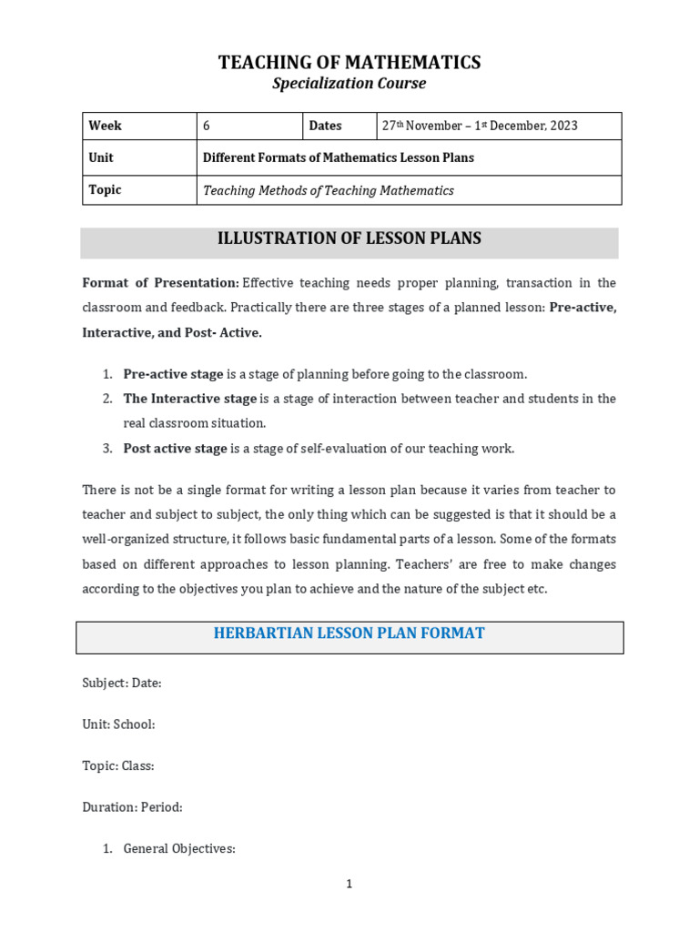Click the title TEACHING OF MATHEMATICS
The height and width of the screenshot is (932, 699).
coord(349,63)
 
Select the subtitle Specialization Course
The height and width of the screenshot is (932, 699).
coord(349,84)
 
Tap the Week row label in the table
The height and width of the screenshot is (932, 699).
coord(106,127)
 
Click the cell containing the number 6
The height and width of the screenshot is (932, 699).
coord(207,127)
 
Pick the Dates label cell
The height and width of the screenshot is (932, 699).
coord(326,127)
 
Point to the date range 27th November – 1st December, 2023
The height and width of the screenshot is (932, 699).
coord(480,127)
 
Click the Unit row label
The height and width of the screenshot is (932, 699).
coord(101,157)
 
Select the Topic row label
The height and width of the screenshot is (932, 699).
coord(105,190)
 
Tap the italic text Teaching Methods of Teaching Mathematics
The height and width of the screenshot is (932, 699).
coord(328,191)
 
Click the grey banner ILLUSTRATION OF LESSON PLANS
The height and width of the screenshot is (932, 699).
coord(349,239)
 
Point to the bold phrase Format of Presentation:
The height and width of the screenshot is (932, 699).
coord(161,283)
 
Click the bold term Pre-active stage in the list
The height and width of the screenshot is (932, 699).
coord(173,374)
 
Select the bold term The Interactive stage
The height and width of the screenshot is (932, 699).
coord(190,399)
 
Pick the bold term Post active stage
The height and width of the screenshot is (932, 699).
coord(175,448)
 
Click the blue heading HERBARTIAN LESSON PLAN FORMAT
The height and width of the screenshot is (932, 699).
coord(349,633)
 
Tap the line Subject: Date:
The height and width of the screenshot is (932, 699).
coord(122,684)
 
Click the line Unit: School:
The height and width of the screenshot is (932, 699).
coord(118,724)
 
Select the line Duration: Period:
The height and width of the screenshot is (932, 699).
coord(132,807)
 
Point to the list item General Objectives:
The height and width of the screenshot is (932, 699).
coord(179,849)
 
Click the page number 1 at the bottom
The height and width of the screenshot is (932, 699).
coord(349,885)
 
